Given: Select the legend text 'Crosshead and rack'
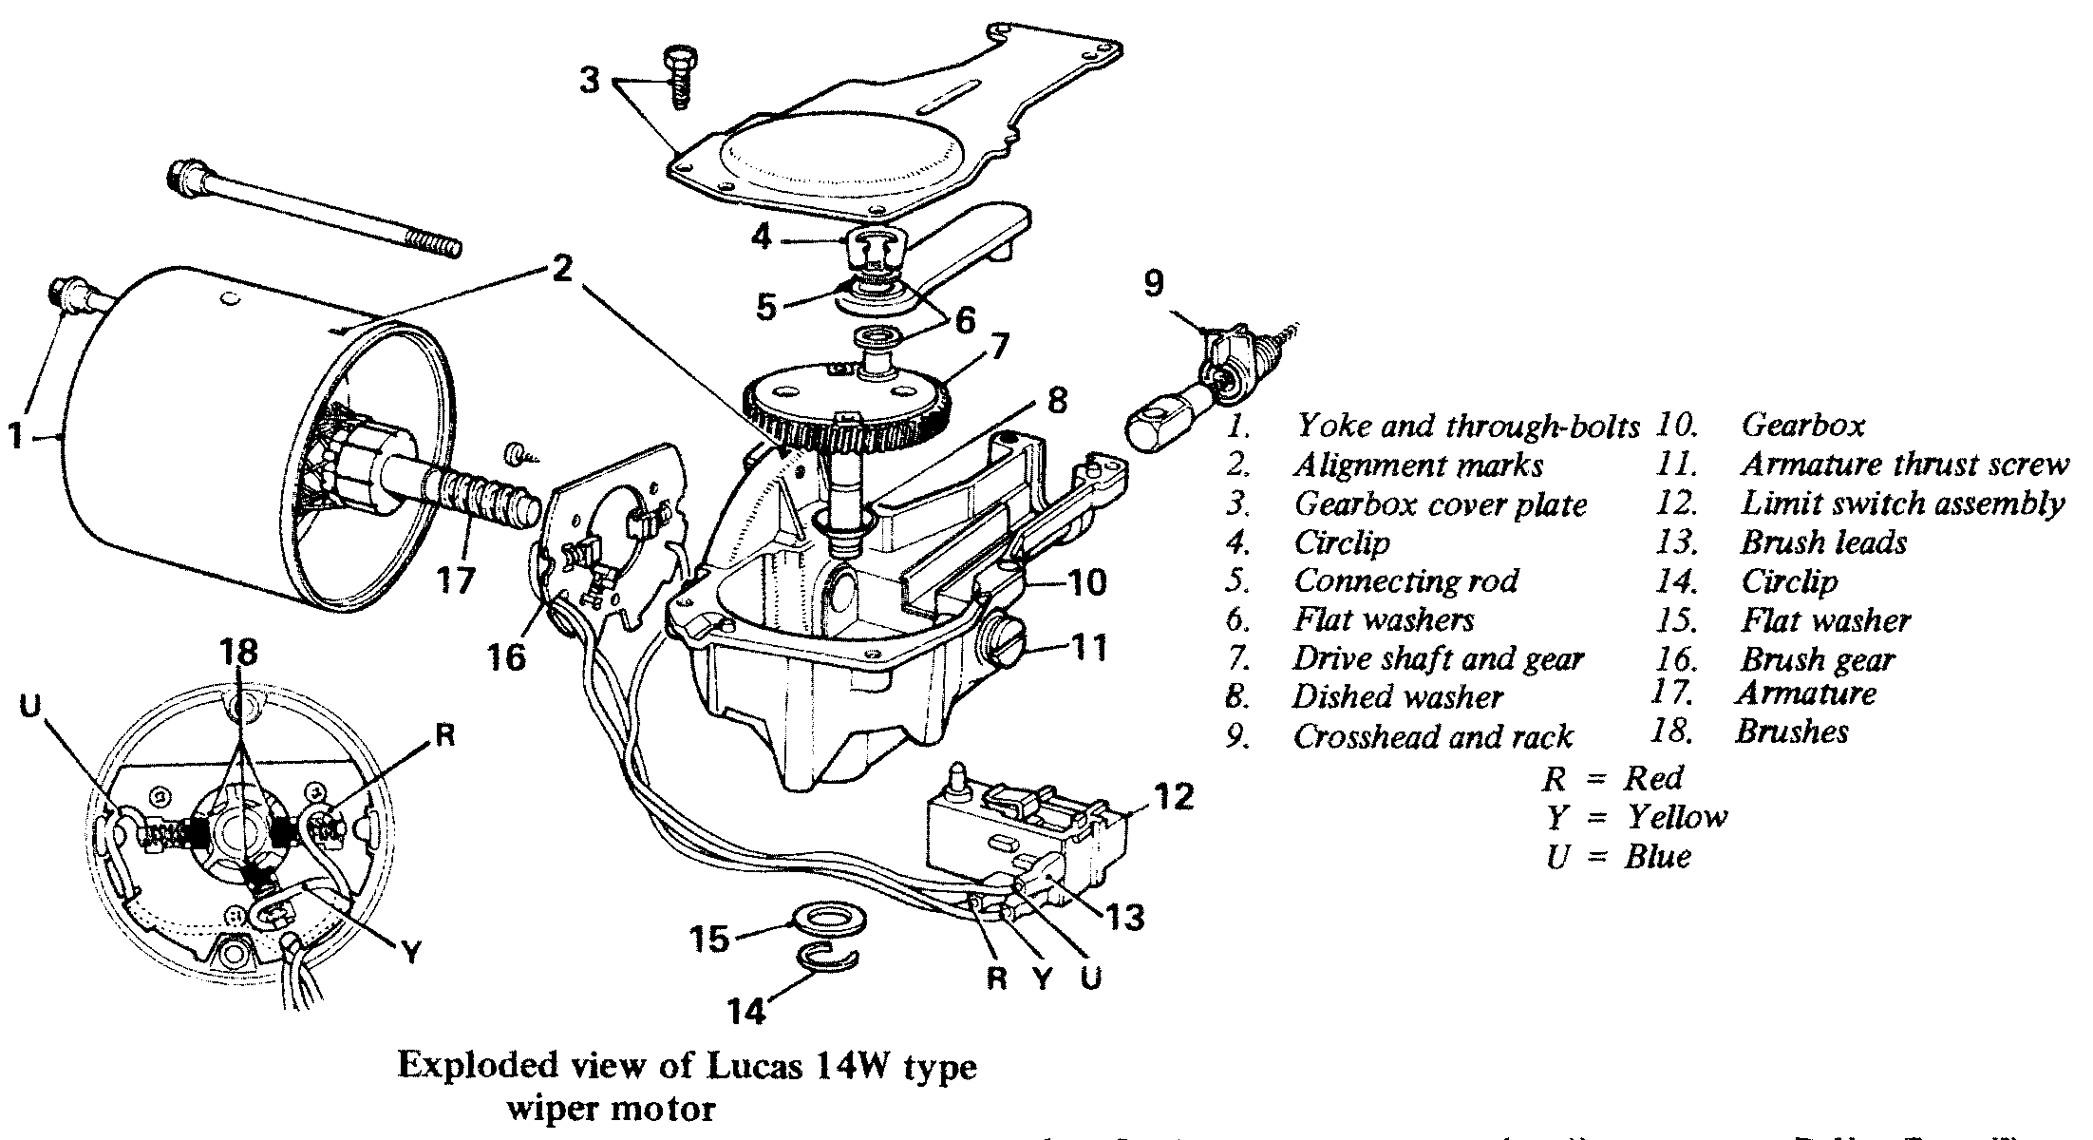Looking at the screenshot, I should click(1432, 736).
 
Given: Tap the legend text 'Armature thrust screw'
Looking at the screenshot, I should click(1903, 465).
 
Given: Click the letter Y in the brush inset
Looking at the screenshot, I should click(409, 953).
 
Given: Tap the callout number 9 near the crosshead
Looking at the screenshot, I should click(1153, 283).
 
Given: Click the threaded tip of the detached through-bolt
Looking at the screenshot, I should click(442, 247).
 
